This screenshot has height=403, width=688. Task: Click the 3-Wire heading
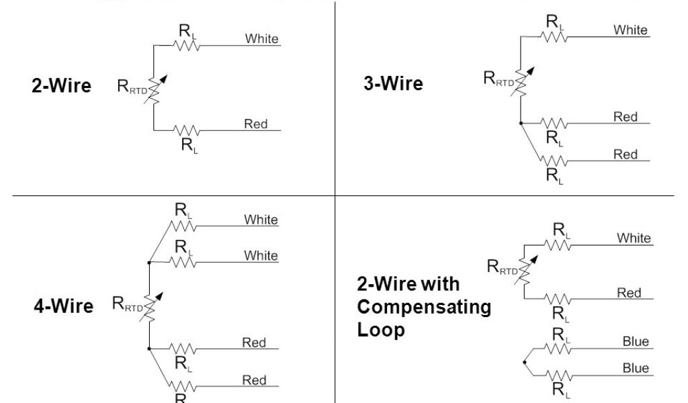tap(393, 83)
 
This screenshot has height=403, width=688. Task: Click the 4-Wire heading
tap(63, 306)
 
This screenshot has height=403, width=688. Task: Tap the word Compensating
tap(423, 307)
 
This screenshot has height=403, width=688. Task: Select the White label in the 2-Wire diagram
tap(261, 38)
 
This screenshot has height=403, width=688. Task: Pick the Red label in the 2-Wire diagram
tap(255, 124)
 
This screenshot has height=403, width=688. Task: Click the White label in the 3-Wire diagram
tap(630, 30)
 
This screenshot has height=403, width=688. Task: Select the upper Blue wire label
tap(636, 342)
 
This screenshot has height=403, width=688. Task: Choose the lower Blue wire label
tap(636, 368)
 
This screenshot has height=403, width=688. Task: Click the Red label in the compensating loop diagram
tap(629, 293)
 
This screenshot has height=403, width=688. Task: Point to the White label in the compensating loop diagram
tap(634, 238)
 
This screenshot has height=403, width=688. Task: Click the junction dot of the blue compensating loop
tap(523, 362)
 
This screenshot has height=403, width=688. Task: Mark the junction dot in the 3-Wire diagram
tap(521, 124)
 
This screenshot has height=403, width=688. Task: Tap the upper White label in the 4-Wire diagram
tap(261, 220)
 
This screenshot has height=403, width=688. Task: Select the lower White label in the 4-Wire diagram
tap(261, 255)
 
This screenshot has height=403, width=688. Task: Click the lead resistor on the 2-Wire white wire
tap(185, 45)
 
